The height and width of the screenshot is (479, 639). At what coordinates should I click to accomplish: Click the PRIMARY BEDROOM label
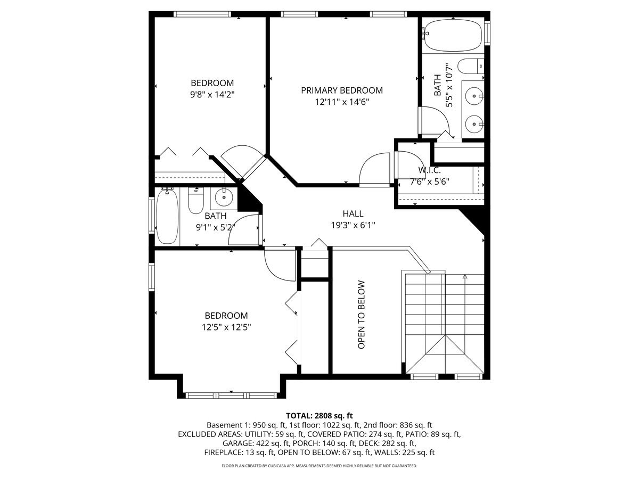click(341, 90)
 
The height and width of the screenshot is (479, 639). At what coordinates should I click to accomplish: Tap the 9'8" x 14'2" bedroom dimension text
click(212, 94)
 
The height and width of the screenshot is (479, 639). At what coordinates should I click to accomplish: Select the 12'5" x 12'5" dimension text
click(223, 327)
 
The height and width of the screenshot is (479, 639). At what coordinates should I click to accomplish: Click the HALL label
click(353, 214)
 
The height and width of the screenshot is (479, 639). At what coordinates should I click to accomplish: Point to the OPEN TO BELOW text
click(362, 315)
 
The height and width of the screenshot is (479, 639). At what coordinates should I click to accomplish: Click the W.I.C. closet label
click(429, 170)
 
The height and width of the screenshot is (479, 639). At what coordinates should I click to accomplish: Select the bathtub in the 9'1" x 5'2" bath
click(167, 217)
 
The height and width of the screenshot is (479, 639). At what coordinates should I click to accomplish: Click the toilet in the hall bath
click(195, 201)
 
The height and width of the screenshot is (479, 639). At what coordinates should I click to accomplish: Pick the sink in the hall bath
click(223, 198)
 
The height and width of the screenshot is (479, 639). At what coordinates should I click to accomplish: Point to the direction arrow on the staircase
click(465, 277)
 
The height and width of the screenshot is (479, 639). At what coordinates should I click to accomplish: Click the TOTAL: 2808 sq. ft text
click(319, 416)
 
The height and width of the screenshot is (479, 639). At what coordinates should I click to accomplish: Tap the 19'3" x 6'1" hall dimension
click(353, 225)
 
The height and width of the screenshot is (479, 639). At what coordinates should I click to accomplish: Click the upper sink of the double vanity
click(473, 96)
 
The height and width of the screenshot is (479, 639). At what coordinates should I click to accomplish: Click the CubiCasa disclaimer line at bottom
click(319, 466)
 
